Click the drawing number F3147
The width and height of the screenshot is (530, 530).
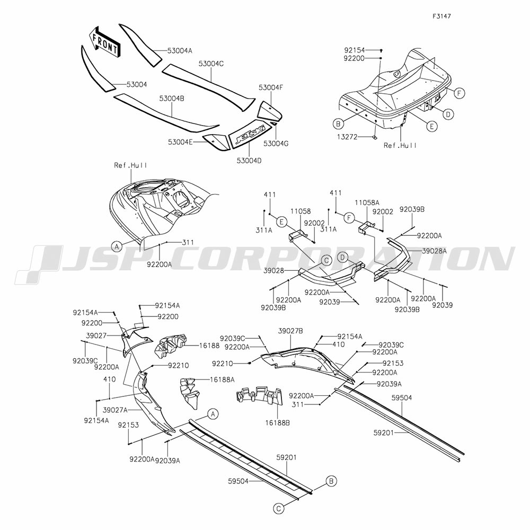click(x=441, y=16)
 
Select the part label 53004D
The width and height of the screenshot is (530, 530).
click(x=249, y=161)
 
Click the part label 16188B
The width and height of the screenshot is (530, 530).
click(x=277, y=422)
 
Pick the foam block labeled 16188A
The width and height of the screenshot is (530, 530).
click(x=190, y=393)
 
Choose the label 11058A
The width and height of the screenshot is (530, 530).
click(x=367, y=202)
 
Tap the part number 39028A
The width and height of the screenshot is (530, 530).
click(x=435, y=251)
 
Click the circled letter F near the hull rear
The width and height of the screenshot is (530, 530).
click(x=460, y=93)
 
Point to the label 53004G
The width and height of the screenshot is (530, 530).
click(x=276, y=143)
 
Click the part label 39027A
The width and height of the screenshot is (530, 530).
click(x=115, y=410)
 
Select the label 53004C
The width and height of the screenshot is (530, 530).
click(x=211, y=64)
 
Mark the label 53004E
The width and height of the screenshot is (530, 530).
click(x=180, y=142)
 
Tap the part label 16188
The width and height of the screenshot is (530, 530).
click(x=209, y=346)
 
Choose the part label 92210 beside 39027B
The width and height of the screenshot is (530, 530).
click(x=223, y=364)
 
